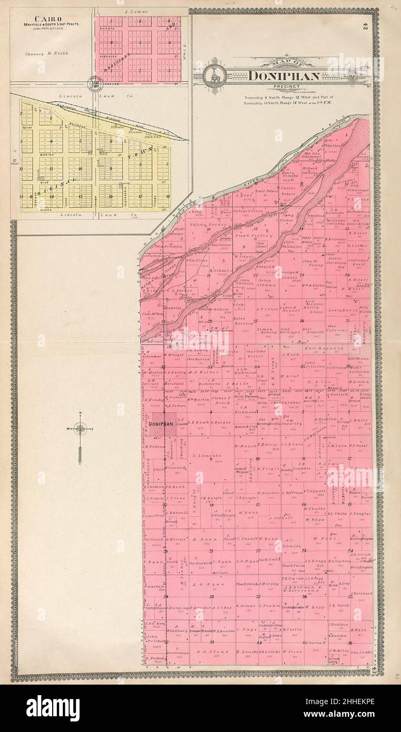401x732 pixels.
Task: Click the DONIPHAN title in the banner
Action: pos(284,76)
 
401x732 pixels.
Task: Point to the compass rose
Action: pos(80,429)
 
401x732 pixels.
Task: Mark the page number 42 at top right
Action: pos(365,26)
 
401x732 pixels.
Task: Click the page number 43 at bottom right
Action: pos(374,670)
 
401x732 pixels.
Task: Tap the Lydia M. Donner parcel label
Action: pos(291,309)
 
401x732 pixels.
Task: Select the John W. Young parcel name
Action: pos(312,263)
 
